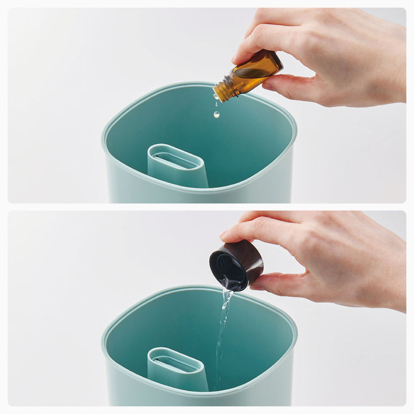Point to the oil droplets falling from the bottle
click(x=216, y=109)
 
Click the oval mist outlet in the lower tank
click(x=175, y=362)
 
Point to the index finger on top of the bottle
click(x=259, y=44)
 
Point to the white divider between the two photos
click(x=207, y=206)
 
